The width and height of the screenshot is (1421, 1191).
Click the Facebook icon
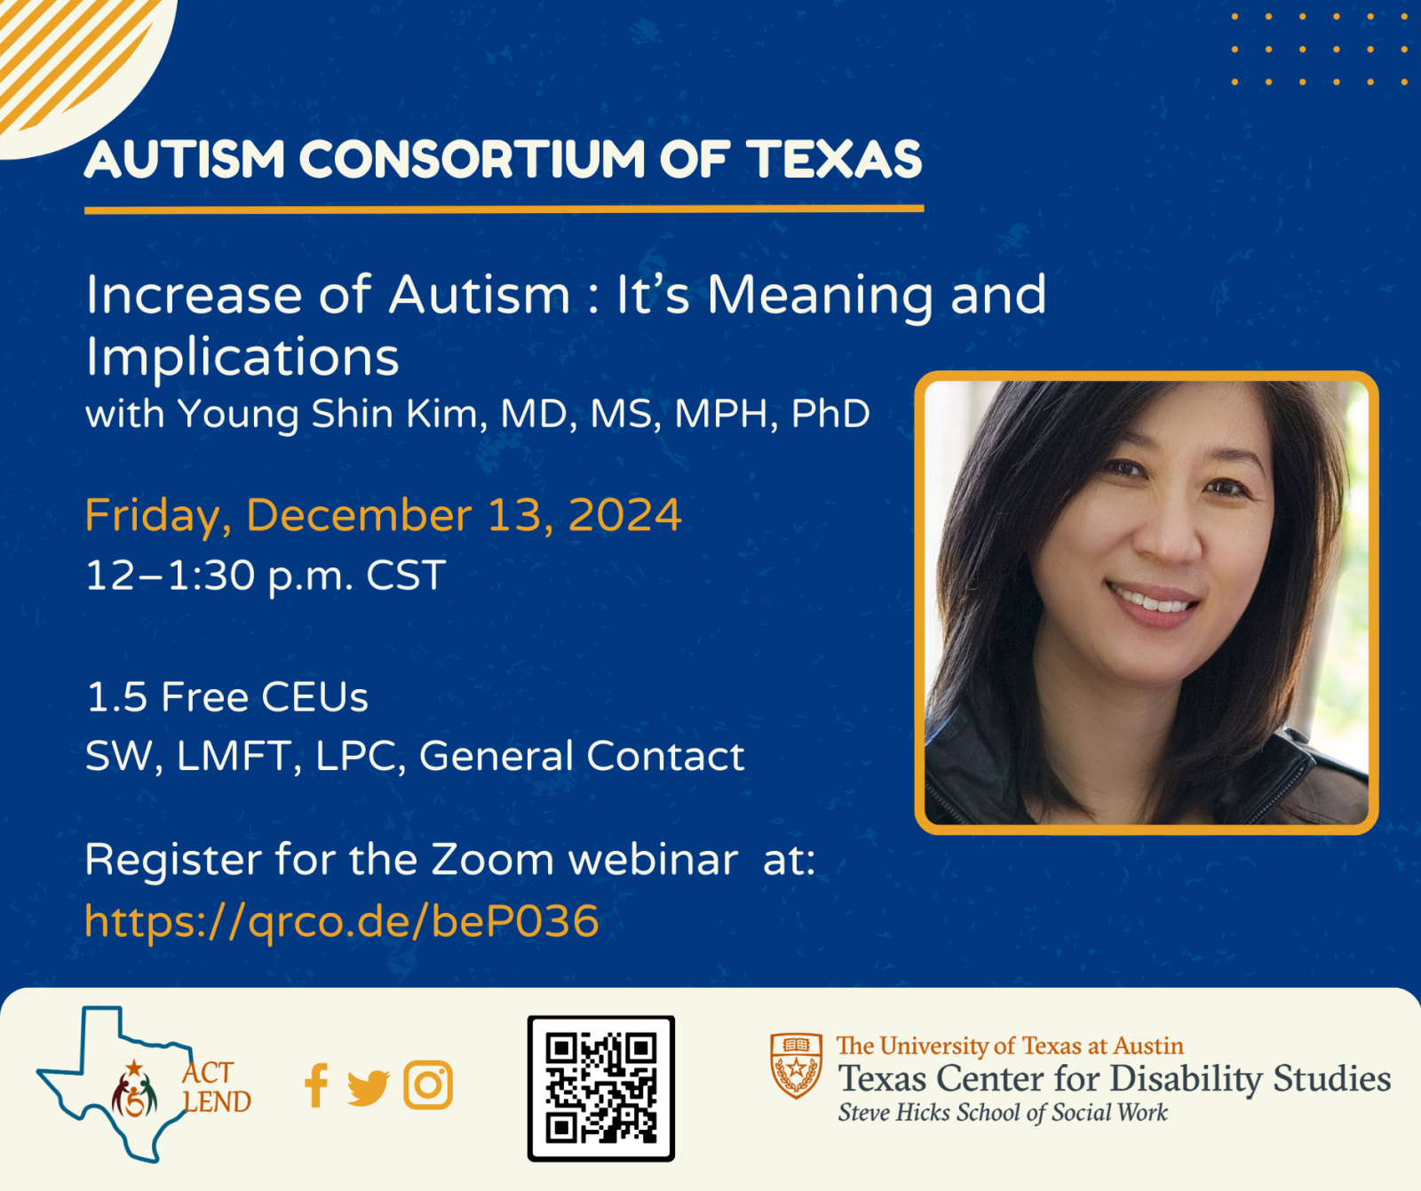(316, 1085)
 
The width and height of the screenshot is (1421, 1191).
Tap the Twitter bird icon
(368, 1087)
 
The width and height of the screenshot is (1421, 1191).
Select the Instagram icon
(428, 1084)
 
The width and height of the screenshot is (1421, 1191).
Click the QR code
(601, 1088)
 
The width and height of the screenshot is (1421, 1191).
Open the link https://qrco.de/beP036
(342, 921)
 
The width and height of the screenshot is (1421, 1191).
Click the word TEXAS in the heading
(834, 160)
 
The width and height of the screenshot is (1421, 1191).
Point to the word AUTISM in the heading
(185, 160)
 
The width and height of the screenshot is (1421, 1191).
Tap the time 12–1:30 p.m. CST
(266, 576)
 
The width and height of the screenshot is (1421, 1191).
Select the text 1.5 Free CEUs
(227, 697)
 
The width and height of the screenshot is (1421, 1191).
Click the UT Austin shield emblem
(797, 1066)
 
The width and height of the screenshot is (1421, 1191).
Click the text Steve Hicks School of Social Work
(1003, 1113)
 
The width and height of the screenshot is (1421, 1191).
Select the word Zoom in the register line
(492, 860)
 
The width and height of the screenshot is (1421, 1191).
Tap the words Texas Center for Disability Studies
(1115, 1079)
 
